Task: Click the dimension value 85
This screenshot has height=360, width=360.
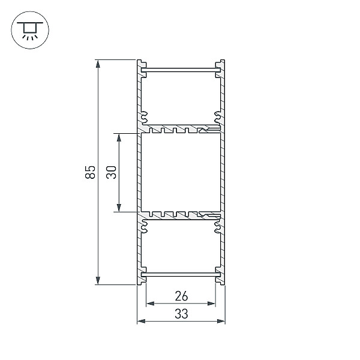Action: click(x=90, y=172)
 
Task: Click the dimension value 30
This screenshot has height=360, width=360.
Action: click(x=112, y=172)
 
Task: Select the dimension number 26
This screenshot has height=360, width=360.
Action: click(x=181, y=296)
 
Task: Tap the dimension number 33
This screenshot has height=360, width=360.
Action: click(x=181, y=314)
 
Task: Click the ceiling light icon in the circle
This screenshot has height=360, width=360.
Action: click(x=30, y=31)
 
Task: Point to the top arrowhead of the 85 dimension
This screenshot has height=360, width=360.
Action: click(x=98, y=64)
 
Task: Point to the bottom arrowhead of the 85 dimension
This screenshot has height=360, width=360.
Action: click(x=98, y=281)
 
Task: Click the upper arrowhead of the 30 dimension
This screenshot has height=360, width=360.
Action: click(x=119, y=138)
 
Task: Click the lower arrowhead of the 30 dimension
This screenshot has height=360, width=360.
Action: click(x=119, y=208)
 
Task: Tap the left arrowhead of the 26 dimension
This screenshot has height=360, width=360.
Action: click(x=151, y=304)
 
